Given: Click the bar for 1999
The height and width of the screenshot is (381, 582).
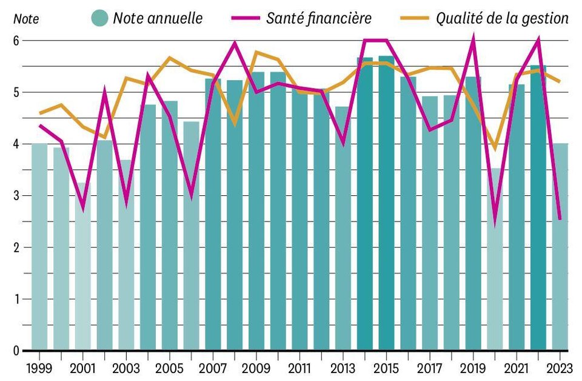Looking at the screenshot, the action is (x=39, y=246).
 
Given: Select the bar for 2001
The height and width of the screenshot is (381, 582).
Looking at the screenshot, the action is (x=83, y=266).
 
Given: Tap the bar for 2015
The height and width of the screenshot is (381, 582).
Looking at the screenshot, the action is (x=386, y=203).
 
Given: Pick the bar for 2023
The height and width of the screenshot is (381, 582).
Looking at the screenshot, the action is (x=560, y=246).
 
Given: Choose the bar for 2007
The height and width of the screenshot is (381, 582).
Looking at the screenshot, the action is (x=213, y=214).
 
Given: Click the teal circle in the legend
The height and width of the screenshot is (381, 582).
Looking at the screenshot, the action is (x=99, y=18).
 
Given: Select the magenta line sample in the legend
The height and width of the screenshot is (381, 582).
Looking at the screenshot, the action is (x=246, y=18).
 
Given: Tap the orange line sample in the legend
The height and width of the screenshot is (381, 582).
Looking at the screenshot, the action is (x=415, y=18).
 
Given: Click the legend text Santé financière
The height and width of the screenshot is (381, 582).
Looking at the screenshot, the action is (x=319, y=18).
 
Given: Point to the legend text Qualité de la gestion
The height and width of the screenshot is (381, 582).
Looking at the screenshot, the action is (x=502, y=18).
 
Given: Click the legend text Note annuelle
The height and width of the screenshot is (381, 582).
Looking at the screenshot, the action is (x=158, y=18).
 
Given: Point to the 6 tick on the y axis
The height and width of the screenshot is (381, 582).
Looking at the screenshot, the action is (x=16, y=41).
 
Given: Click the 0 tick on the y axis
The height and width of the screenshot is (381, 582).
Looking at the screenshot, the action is (x=16, y=351).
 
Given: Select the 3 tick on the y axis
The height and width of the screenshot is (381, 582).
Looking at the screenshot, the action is (x=16, y=196).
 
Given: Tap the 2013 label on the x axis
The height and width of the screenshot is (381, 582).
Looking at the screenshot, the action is (x=343, y=368).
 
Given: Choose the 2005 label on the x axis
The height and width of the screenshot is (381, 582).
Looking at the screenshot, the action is (x=170, y=368).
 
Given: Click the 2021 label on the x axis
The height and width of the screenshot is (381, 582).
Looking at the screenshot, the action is (x=517, y=368).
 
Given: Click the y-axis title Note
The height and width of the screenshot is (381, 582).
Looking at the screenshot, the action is (x=26, y=19).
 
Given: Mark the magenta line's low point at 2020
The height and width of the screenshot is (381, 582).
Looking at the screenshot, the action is (x=495, y=222).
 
